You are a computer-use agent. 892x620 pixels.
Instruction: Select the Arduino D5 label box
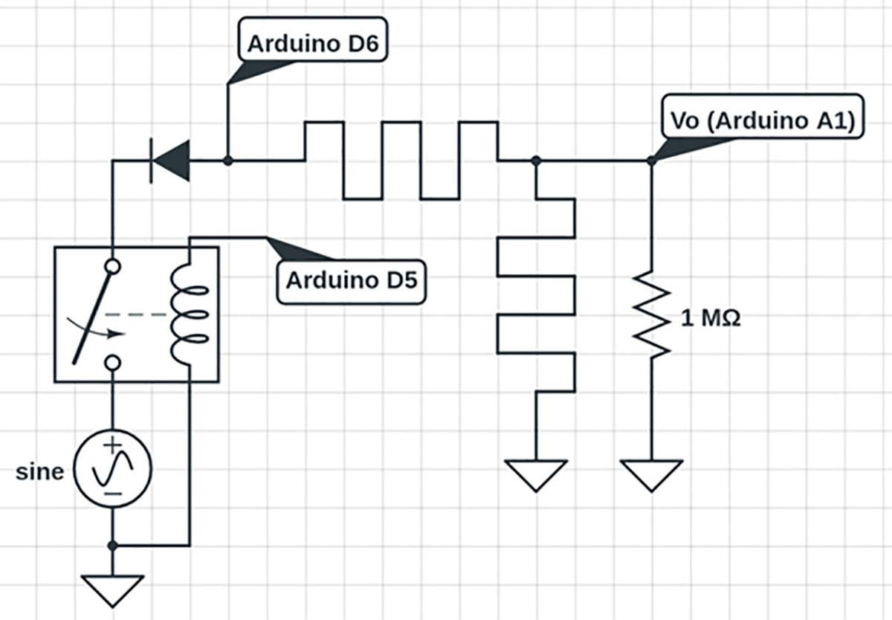point(352,281)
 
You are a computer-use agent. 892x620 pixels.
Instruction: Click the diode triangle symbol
point(172,160)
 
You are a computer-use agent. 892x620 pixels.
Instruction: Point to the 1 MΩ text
point(711,320)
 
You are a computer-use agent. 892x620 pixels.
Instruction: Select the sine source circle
point(113,469)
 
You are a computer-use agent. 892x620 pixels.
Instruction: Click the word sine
point(40,471)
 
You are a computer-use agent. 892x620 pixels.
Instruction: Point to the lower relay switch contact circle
point(112,362)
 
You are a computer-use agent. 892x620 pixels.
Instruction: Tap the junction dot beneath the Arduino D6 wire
point(227,160)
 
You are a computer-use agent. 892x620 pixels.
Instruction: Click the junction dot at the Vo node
point(651,160)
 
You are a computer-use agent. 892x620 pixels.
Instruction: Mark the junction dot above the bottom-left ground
point(112,546)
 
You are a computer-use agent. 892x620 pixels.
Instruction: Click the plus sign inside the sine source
point(112,448)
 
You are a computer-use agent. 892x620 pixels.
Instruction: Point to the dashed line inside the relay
point(149,315)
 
